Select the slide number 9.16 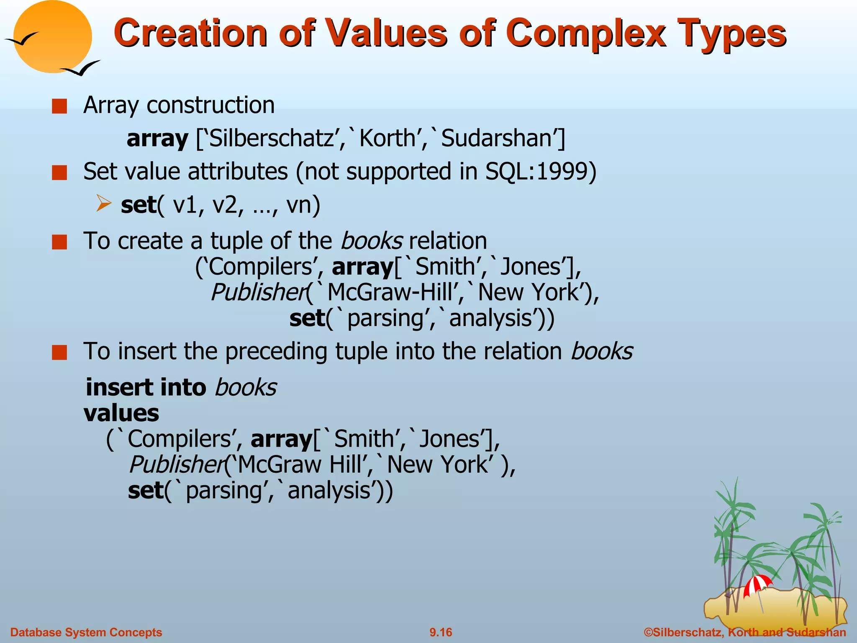tap(441, 632)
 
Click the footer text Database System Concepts tap(86, 632)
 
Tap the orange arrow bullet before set tap(103, 203)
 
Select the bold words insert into tap(146, 387)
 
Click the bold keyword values tap(121, 413)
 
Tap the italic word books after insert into tap(246, 387)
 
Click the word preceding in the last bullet tap(276, 352)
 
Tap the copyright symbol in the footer tap(648, 632)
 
